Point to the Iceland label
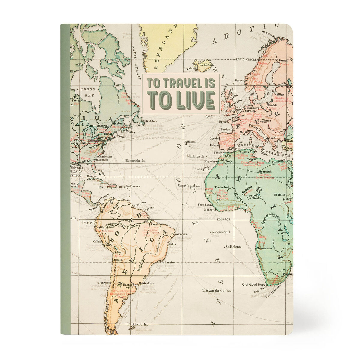[x=208, y=64]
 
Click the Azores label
[x=190, y=142]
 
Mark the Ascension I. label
[x=221, y=232]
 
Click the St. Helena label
[x=233, y=247]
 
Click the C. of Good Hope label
[x=254, y=284]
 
